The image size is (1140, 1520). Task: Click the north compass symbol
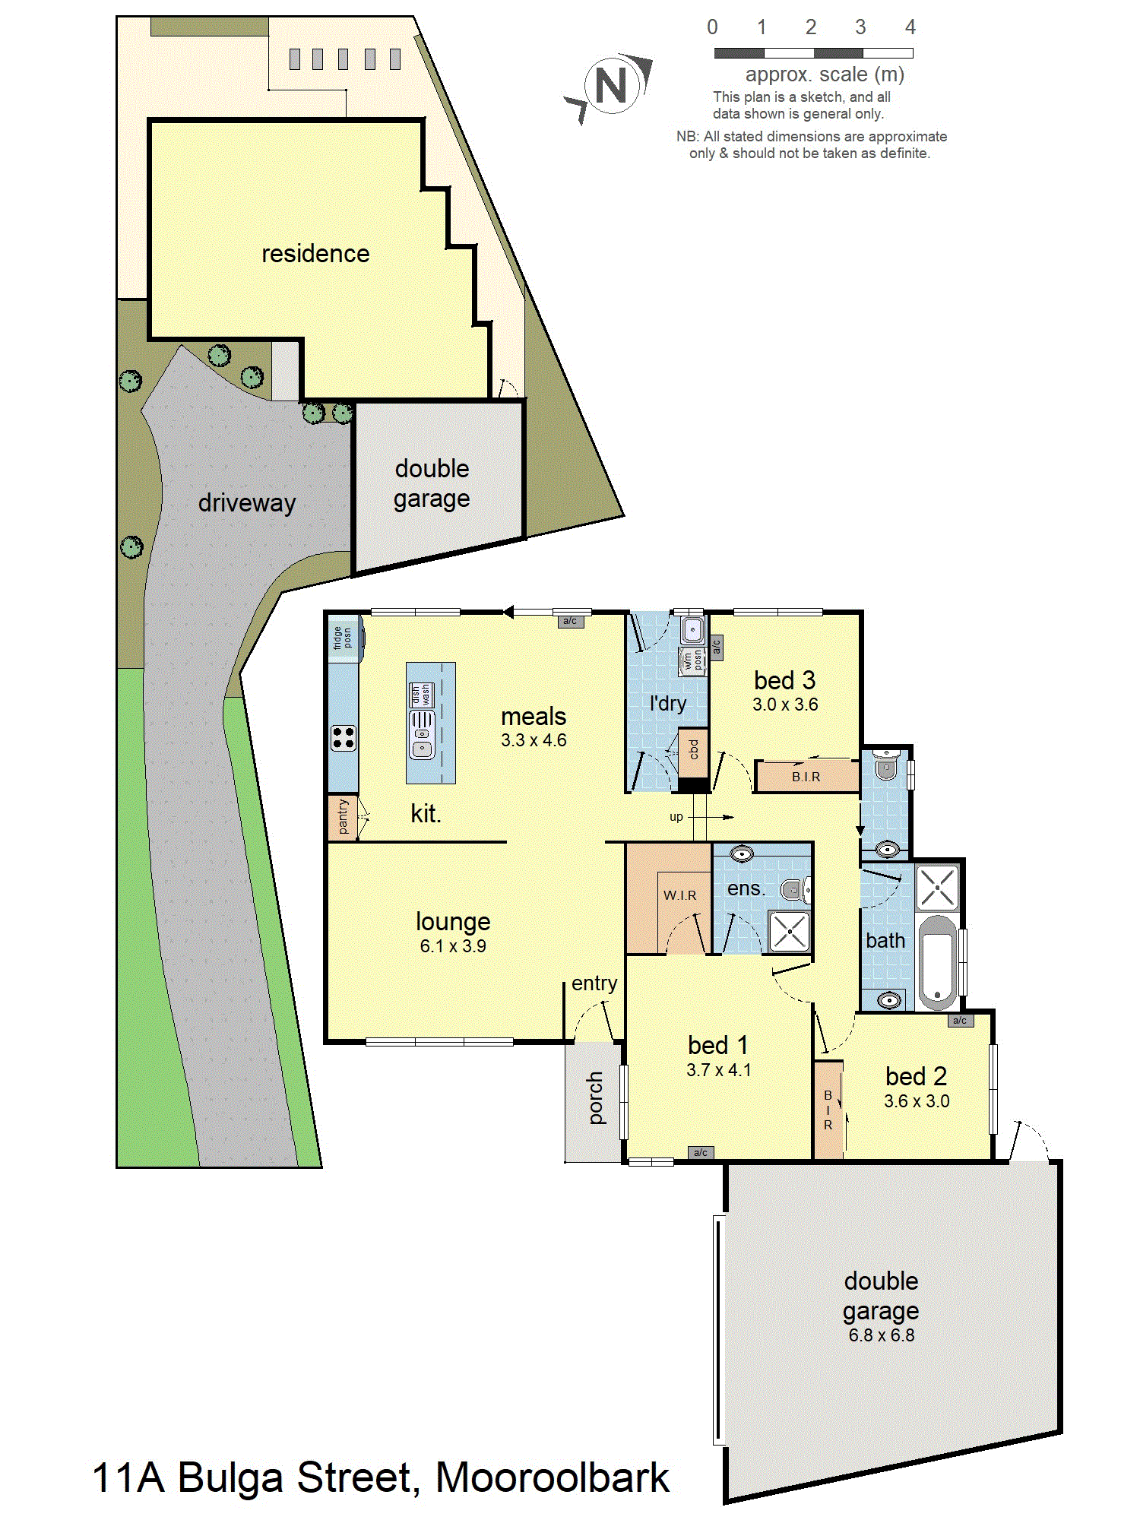click(610, 85)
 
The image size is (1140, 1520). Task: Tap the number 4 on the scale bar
click(910, 27)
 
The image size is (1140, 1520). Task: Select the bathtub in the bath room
click(938, 962)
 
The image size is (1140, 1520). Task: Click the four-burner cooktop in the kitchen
click(344, 738)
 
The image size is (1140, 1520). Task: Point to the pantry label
click(343, 817)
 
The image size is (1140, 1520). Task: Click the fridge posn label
click(342, 638)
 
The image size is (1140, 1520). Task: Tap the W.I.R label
click(679, 895)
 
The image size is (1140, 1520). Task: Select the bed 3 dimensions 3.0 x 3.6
click(785, 705)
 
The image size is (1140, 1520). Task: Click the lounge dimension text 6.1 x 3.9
click(453, 946)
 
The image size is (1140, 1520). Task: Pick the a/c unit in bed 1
click(701, 1152)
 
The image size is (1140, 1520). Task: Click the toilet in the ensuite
click(796, 888)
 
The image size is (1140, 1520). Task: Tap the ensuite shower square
click(790, 931)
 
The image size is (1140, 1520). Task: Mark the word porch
click(595, 1097)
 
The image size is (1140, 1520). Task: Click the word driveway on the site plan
click(246, 503)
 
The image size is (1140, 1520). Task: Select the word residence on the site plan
click(315, 253)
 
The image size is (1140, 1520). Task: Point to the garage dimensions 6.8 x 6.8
click(882, 1335)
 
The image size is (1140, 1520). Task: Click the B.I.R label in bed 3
click(806, 777)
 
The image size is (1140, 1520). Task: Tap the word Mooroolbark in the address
click(552, 1477)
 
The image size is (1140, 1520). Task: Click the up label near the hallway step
click(676, 818)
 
